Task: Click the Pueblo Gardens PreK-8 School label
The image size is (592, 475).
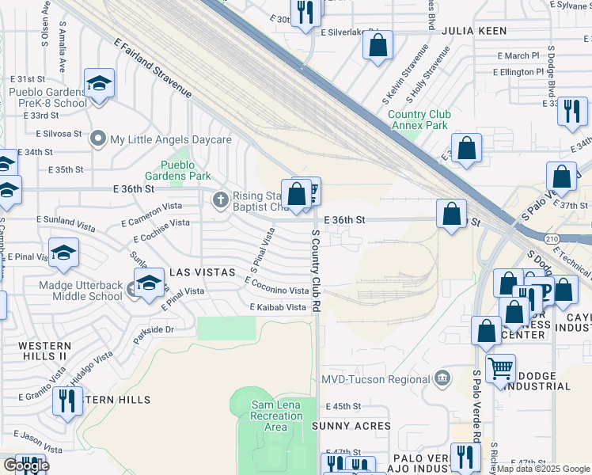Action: tap(47, 97)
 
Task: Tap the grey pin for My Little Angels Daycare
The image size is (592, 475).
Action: tap(98, 139)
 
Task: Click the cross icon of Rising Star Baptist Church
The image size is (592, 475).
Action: tap(221, 198)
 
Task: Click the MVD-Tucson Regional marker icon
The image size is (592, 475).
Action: tap(442, 379)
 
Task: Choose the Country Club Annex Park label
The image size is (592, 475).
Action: tap(419, 120)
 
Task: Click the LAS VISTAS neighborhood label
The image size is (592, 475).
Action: tap(203, 272)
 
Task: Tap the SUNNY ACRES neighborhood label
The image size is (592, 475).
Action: tap(347, 425)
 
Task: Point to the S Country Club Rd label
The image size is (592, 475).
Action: tap(315, 269)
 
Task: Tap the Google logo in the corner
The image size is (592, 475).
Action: tap(25, 465)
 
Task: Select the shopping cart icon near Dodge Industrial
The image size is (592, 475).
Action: tap(500, 367)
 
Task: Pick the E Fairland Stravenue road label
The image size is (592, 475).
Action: tap(153, 69)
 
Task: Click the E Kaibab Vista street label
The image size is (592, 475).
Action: tap(277, 307)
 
